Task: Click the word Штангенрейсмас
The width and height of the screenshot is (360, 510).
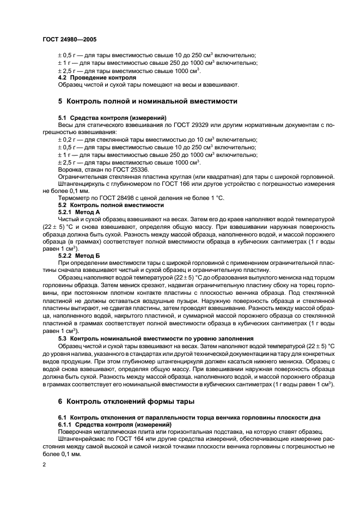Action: [82, 438]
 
